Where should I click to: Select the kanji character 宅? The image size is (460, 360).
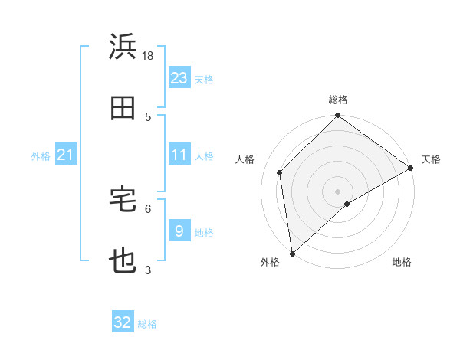click(x=123, y=201)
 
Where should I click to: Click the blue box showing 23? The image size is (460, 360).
click(x=179, y=77)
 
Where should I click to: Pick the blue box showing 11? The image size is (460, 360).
click(x=179, y=155)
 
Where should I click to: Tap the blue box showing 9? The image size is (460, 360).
click(x=179, y=231)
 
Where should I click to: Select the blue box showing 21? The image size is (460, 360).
click(x=65, y=155)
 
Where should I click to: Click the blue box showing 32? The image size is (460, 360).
click(x=123, y=322)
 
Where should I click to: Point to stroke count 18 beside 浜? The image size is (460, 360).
click(x=148, y=55)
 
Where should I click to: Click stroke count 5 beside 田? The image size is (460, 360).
click(x=148, y=116)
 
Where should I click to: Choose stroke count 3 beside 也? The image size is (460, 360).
click(x=148, y=270)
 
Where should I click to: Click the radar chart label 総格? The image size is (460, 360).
click(x=338, y=100)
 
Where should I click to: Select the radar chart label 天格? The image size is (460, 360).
click(x=431, y=159)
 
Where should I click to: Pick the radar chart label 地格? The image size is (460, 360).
click(x=402, y=262)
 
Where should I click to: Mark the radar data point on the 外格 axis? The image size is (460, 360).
click(x=291, y=253)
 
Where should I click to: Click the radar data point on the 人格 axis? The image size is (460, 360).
click(x=280, y=172)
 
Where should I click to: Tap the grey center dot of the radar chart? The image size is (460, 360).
click(x=337, y=191)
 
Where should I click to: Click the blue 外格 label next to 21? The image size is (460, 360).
click(x=41, y=156)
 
